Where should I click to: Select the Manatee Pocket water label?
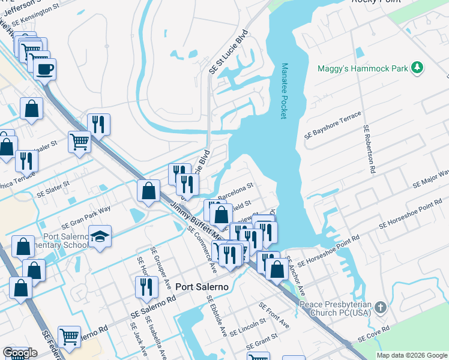[x=285, y=91]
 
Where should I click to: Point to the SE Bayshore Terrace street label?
[x=333, y=125]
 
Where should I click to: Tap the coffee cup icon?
[x=44, y=70]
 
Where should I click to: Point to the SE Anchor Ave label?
[x=295, y=275]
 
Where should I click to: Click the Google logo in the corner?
[x=20, y=353]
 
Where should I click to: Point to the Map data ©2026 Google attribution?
[x=412, y=355]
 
